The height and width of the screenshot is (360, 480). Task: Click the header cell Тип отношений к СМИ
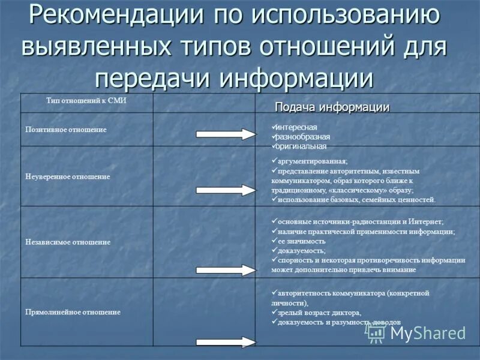[x=86, y=101]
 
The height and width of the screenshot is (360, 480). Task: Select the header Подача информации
[x=332, y=107]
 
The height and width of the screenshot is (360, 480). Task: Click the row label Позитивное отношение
[x=66, y=130]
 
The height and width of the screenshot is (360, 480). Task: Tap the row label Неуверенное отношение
[x=68, y=177]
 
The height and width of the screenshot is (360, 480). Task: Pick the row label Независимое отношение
[x=68, y=242]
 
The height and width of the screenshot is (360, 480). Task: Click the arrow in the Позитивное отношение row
[x=226, y=134]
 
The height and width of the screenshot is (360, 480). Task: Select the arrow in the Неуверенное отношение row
[x=226, y=190]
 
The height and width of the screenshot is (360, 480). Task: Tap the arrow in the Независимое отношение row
[x=226, y=269]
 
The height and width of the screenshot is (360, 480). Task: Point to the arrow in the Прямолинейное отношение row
[x=226, y=342]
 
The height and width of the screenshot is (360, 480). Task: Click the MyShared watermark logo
[x=417, y=333]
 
